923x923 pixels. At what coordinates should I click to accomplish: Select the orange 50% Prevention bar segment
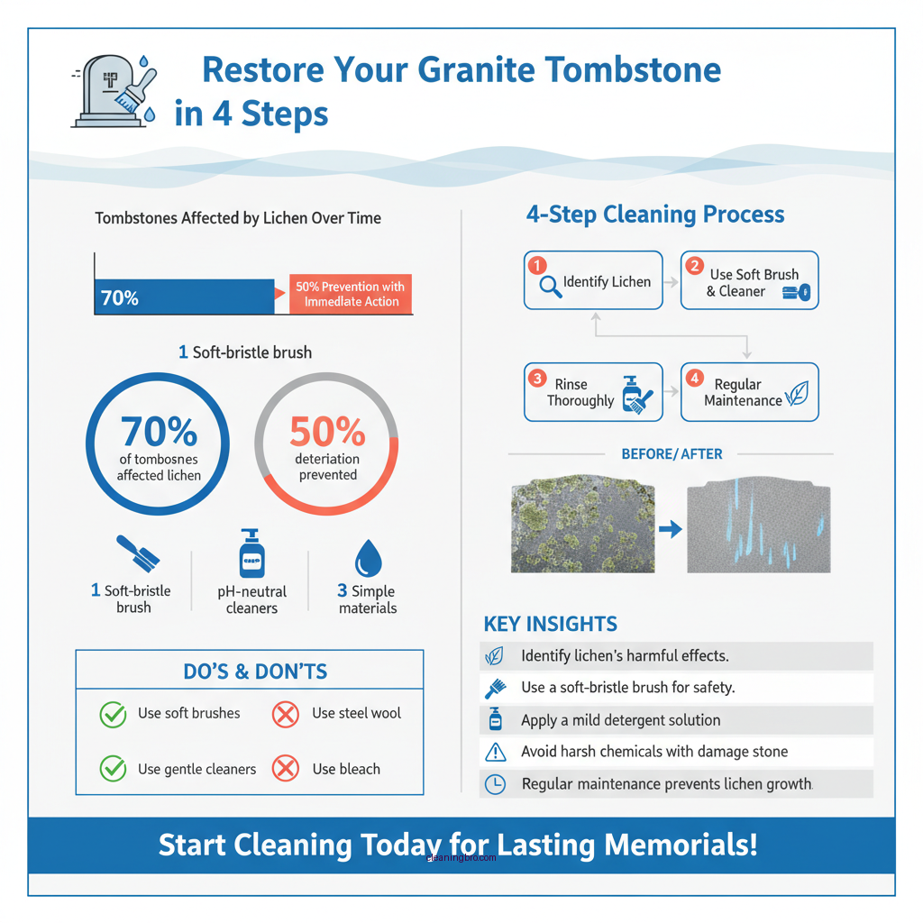pyautogui.click(x=351, y=294)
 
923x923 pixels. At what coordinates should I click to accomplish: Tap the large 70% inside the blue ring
pyautogui.click(x=159, y=432)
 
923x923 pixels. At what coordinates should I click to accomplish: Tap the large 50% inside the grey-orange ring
pyautogui.click(x=327, y=433)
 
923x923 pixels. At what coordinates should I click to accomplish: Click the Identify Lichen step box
pyautogui.click(x=593, y=281)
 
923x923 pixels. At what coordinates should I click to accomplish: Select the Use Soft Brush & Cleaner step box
pyautogui.click(x=749, y=281)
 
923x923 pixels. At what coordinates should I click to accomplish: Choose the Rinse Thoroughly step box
pyautogui.click(x=593, y=392)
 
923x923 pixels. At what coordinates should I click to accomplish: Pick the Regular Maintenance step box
pyautogui.click(x=749, y=392)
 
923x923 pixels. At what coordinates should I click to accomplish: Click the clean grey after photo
pyautogui.click(x=758, y=528)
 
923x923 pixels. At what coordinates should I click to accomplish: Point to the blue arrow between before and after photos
pyautogui.click(x=670, y=529)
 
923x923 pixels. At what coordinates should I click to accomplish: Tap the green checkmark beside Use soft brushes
pyautogui.click(x=113, y=715)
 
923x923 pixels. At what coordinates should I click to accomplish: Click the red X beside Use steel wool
pyautogui.click(x=285, y=715)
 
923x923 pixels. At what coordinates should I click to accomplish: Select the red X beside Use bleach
pyautogui.click(x=285, y=769)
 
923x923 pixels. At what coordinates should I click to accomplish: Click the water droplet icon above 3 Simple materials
pyautogui.click(x=368, y=558)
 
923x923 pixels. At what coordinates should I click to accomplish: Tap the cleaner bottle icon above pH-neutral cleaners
pyautogui.click(x=251, y=553)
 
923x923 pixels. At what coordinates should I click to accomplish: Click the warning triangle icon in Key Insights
pyautogui.click(x=495, y=752)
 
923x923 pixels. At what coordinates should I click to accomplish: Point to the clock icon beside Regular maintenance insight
pyautogui.click(x=495, y=784)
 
